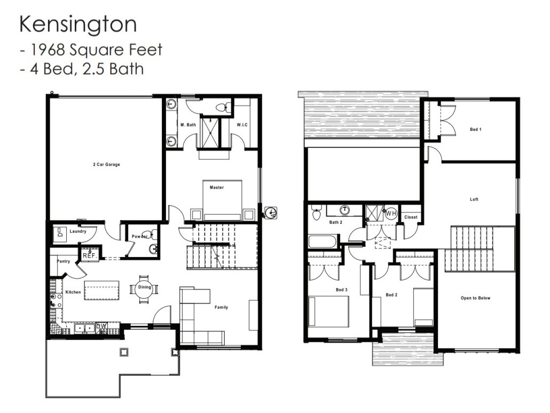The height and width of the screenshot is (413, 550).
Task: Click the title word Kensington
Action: (78, 25)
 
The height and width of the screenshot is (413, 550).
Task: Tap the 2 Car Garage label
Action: (106, 165)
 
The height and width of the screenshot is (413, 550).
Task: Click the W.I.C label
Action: (242, 124)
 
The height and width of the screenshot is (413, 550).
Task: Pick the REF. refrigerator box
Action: (89, 255)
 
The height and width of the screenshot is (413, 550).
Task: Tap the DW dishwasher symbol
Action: (102, 326)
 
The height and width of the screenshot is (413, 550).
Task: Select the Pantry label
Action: (64, 261)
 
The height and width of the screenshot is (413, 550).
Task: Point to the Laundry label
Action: (78, 232)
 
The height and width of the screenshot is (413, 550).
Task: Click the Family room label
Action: (221, 307)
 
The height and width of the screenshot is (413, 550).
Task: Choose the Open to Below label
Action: (475, 298)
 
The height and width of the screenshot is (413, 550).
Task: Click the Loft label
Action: (474, 199)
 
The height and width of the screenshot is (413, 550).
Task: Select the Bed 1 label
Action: (475, 129)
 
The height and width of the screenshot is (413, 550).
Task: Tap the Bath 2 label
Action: (335, 222)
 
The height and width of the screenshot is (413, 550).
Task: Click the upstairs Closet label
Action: (411, 217)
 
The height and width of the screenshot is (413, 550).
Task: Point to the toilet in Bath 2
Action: (316, 214)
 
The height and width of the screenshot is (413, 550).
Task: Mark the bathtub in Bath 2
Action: (322, 241)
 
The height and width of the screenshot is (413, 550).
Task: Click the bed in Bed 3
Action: (328, 311)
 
